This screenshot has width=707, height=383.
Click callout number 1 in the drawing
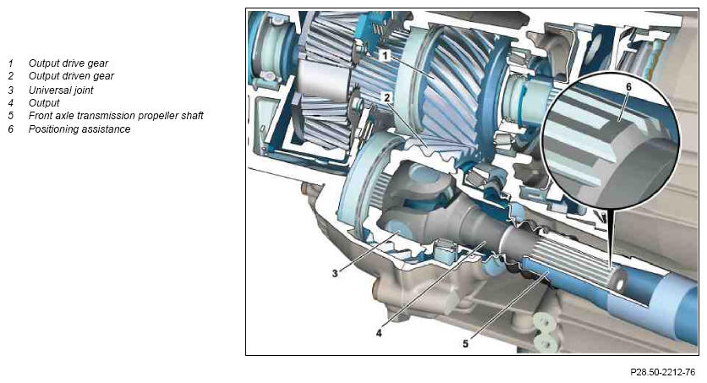[385, 56]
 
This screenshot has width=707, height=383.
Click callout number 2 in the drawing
[386, 97]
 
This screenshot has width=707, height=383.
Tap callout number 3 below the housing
[335, 273]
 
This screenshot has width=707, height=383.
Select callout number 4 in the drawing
[379, 333]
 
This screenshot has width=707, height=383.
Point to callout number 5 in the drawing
[465, 343]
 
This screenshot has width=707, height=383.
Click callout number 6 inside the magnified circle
[629, 86]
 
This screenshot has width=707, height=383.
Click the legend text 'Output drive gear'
[69, 63]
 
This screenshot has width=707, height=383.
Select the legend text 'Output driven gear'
[71, 76]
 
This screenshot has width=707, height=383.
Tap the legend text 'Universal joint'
[61, 90]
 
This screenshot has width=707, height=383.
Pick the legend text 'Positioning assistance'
[79, 129]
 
